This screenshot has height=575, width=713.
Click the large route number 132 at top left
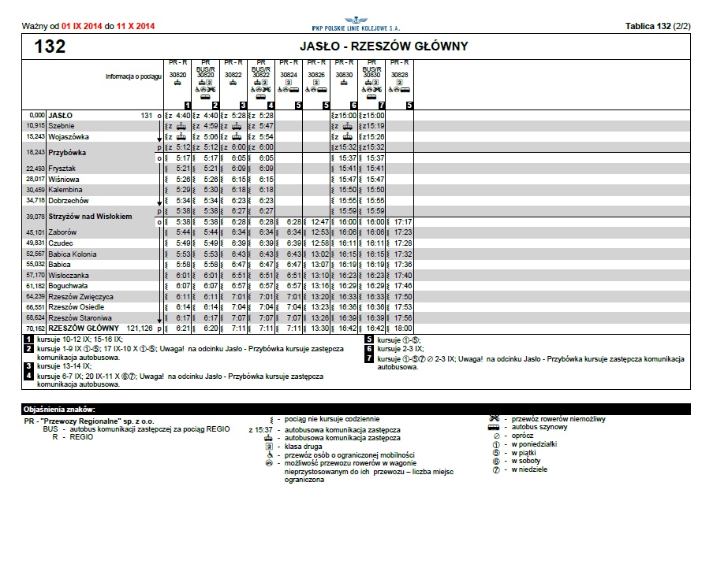[50, 46]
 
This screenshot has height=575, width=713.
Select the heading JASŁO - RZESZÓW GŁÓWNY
[384, 46]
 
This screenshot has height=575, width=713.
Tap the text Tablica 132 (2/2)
[658, 26]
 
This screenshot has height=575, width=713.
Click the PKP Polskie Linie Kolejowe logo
[350, 24]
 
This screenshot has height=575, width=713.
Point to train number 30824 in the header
[289, 75]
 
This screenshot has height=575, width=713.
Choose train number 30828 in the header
[400, 75]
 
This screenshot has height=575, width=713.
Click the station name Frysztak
[62, 169]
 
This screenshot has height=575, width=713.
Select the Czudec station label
[60, 243]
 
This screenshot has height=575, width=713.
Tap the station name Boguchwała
[66, 286]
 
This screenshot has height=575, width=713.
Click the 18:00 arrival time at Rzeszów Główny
[403, 328]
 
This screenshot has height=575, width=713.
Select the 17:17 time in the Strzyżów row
[403, 222]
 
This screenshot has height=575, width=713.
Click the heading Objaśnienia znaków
[60, 409]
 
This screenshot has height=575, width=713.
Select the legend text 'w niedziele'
[528, 469]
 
